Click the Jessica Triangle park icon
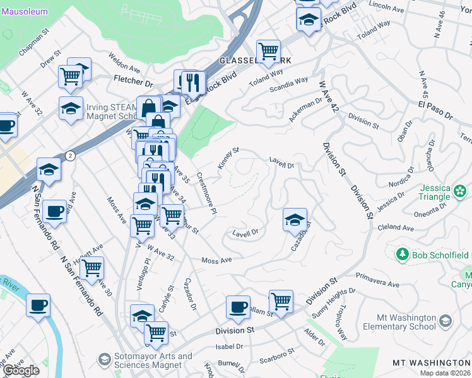[x=461, y=190]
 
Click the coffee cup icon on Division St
[x=238, y=307]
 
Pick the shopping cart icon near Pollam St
[x=281, y=301]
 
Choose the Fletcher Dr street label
[x=133, y=81]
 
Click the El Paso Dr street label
[x=435, y=110]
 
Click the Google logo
[x=21, y=370]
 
